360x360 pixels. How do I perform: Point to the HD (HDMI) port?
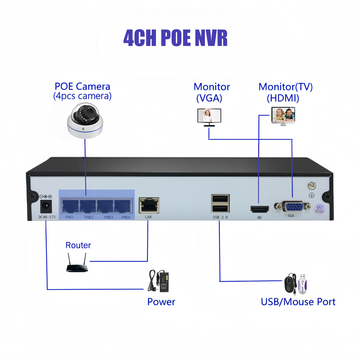pyautogui.click(x=259, y=209)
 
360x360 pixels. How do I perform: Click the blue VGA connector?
pyautogui.click(x=292, y=206)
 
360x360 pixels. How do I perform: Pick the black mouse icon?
pyautogui.click(x=289, y=283)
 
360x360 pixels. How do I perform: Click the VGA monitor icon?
pyautogui.click(x=209, y=117)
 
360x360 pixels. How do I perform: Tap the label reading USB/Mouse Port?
pyautogui.click(x=298, y=301)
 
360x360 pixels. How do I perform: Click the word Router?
pyautogui.click(x=78, y=245)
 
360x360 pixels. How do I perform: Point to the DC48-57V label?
pyautogui.click(x=47, y=217)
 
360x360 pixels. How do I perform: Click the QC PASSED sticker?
pyautogui.click(x=319, y=209)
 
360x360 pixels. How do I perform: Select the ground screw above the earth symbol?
pyautogui.click(x=311, y=186)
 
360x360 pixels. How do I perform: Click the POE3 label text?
pyautogui.click(x=109, y=217)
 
